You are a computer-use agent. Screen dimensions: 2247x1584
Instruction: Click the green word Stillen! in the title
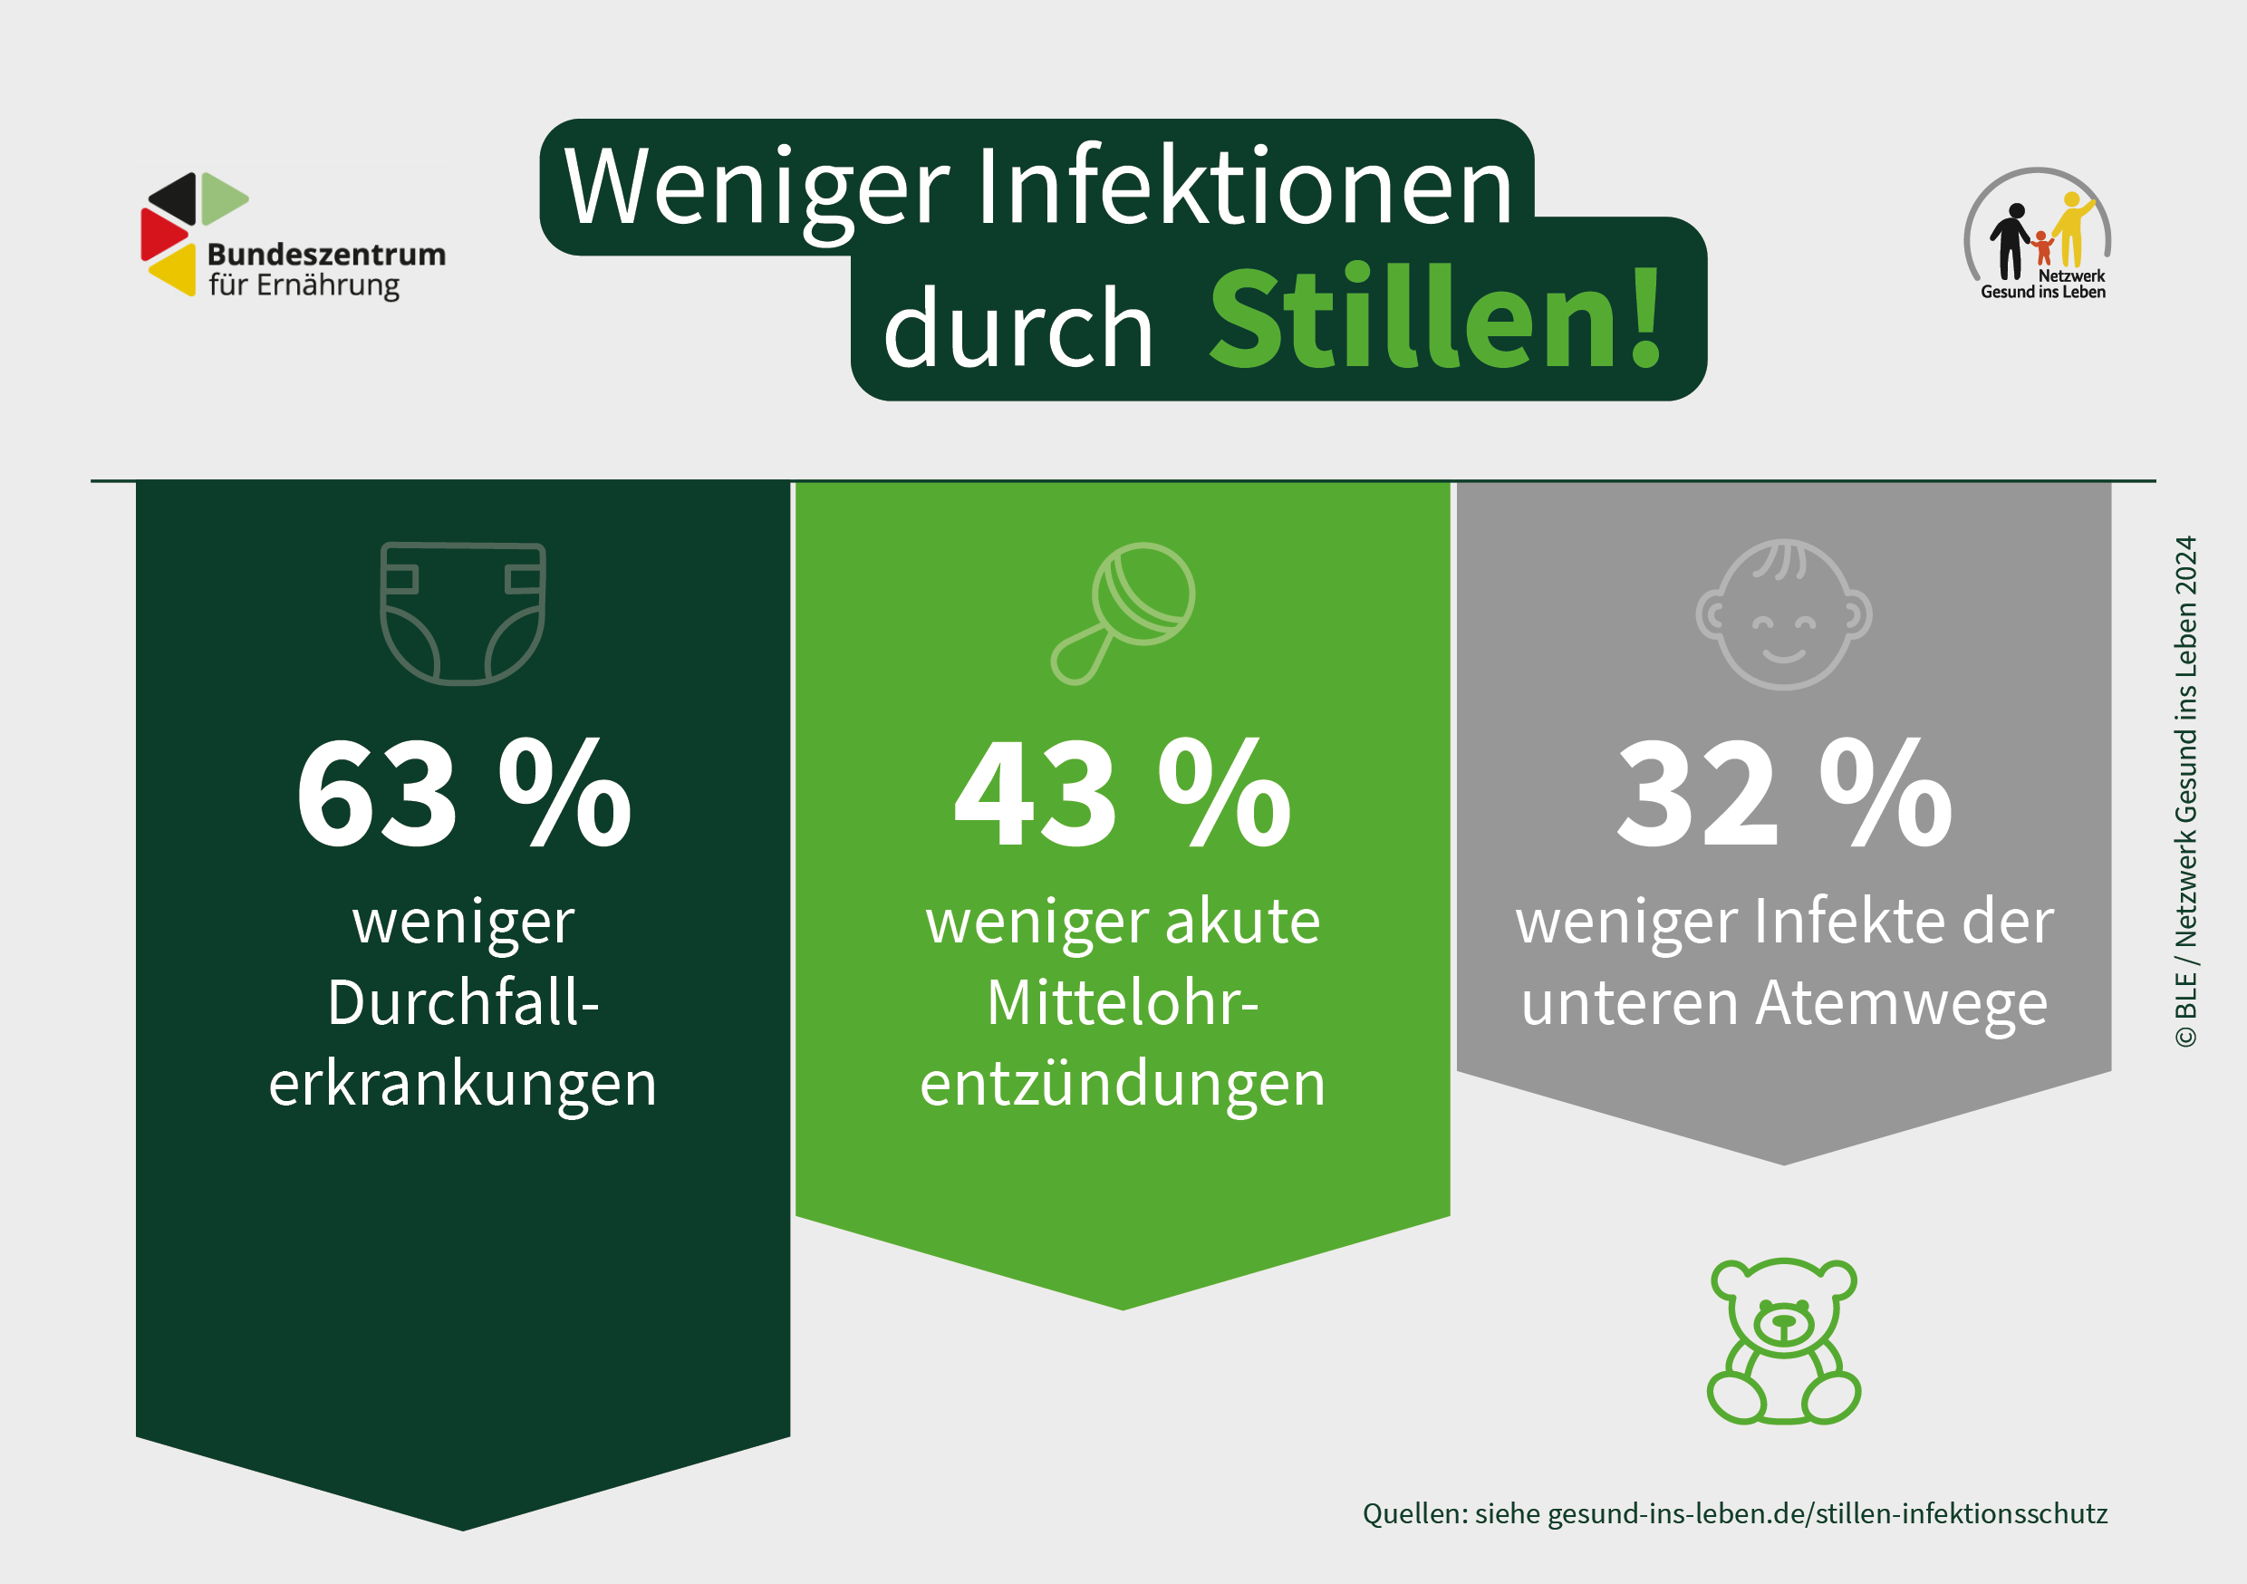1436,319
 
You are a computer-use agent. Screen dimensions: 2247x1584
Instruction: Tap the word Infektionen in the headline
1245,186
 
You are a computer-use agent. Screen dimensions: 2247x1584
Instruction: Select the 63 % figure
464,792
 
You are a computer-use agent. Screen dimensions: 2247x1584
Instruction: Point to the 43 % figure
1123,792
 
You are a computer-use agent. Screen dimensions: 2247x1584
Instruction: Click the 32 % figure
1784,792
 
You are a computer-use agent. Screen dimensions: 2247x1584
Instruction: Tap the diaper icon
463,613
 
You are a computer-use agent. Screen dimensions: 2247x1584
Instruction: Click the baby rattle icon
1123,613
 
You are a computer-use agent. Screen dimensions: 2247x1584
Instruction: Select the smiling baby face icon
1784,613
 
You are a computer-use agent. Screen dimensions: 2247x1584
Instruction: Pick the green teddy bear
1784,1340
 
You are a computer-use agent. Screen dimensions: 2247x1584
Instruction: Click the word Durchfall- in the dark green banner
463,1002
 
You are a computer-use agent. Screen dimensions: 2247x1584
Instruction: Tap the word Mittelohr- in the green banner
1123,1002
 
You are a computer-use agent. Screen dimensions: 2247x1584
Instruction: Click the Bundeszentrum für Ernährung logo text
326,270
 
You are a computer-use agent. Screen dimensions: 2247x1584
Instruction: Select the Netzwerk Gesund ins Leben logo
2038,234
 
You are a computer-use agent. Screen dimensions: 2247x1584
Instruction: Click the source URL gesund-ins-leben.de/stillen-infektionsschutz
1827,1513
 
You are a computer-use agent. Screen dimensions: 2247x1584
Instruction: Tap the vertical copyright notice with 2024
2185,791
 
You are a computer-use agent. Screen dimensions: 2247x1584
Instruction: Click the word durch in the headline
1017,328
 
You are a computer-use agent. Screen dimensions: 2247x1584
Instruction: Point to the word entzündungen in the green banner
1123,1085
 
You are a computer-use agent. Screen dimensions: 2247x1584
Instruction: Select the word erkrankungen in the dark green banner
463,1085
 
